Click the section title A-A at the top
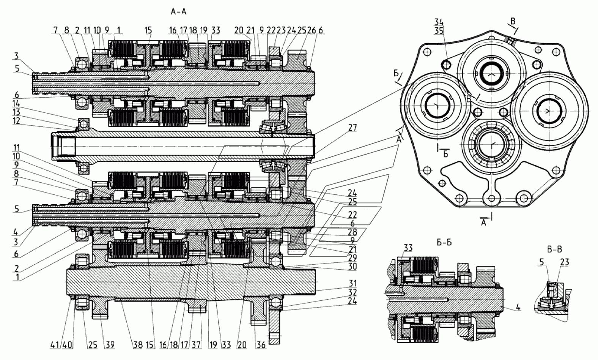click(x=178, y=12)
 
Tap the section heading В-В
click(x=554, y=249)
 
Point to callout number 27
click(x=353, y=128)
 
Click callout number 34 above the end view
click(x=439, y=22)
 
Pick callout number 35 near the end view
click(x=439, y=31)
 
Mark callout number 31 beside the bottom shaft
click(x=353, y=283)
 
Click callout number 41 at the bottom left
click(x=55, y=345)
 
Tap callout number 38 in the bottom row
click(x=138, y=345)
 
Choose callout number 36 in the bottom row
click(x=261, y=345)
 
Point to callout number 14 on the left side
click(x=16, y=104)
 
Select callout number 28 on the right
click(x=353, y=231)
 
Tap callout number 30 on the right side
click(x=353, y=266)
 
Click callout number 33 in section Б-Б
click(x=408, y=248)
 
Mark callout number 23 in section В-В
click(x=564, y=262)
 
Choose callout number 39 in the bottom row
click(x=109, y=345)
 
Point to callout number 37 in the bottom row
click(x=196, y=345)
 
